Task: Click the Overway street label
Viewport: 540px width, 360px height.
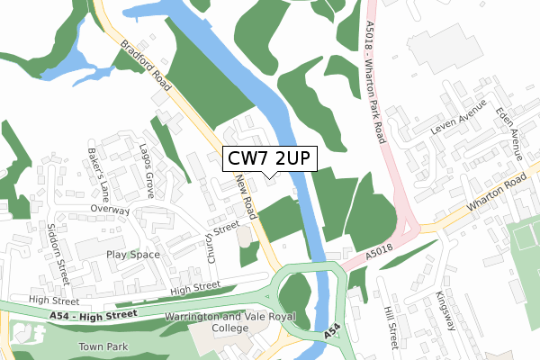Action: click(x=110, y=210)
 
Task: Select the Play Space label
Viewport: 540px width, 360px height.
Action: click(x=132, y=255)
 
